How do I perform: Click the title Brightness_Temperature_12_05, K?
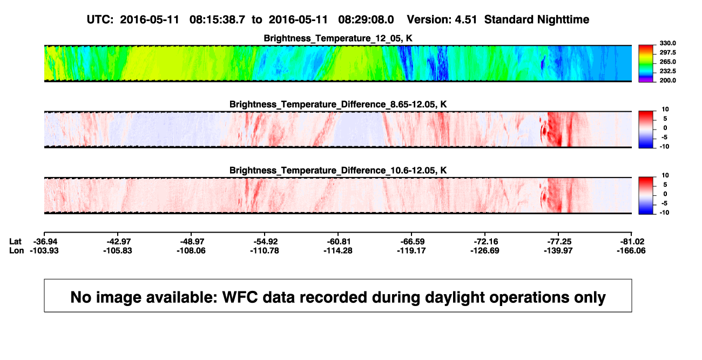tap(338, 38)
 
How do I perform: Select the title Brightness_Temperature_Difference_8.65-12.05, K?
tap(338, 104)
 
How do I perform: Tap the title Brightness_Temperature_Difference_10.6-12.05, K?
tap(338, 171)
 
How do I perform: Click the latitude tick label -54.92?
tap(265, 242)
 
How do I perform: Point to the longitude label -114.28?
tap(338, 250)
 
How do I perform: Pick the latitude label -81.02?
tap(631, 242)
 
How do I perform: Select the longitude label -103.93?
tap(44, 250)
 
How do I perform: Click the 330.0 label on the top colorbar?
tap(667, 43)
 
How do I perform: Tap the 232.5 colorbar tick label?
tap(667, 71)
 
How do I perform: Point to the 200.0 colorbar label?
tap(667, 80)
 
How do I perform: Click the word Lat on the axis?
tap(15, 242)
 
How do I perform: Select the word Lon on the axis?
tap(16, 250)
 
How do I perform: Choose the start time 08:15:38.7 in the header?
tap(217, 20)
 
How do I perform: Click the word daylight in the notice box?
tap(453, 297)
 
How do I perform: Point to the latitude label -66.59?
tap(411, 242)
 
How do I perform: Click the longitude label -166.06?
tap(631, 250)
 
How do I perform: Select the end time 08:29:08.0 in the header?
tap(366, 20)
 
